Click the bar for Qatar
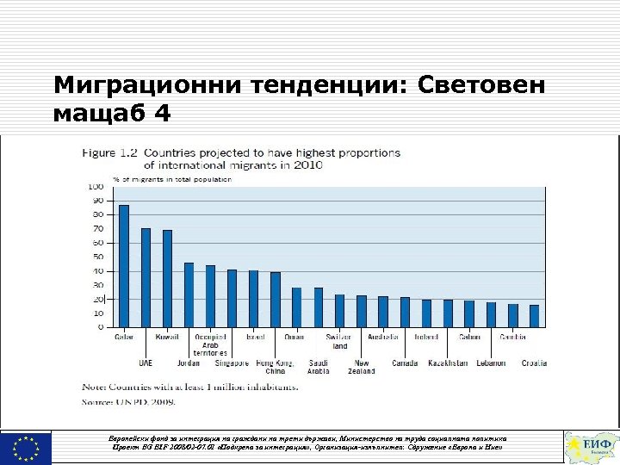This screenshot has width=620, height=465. [x=124, y=266]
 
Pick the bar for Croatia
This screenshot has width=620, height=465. [x=534, y=316]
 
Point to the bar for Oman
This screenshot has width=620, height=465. [x=296, y=307]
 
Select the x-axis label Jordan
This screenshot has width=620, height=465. [x=189, y=363]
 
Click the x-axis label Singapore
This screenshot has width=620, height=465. [x=232, y=363]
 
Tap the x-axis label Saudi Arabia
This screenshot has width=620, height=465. [x=318, y=367]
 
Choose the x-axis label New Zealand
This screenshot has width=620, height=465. [x=362, y=367]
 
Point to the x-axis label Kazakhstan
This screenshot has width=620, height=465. [x=447, y=363]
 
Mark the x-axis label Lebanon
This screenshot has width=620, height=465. [x=491, y=363]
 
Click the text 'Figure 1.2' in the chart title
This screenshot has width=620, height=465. [x=110, y=153]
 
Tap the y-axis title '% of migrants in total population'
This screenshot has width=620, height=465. [x=160, y=179]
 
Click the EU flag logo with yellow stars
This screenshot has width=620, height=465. [x=26, y=448]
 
